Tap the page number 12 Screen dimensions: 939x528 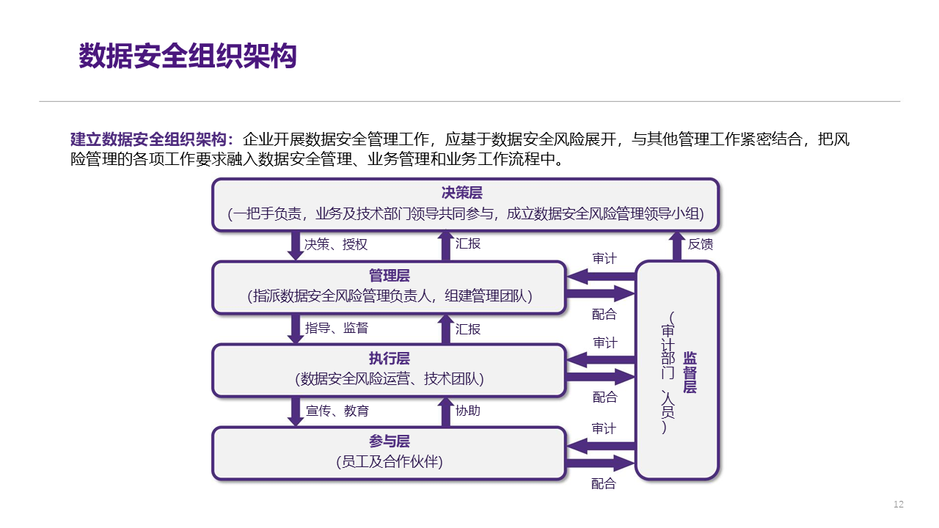tap(899, 505)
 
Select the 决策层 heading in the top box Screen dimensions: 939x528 tap(462, 193)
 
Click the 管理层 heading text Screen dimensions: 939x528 tap(390, 276)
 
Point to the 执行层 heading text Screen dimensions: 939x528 tap(390, 359)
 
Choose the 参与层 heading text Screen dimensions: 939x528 tap(390, 441)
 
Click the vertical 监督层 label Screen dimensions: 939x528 tap(690, 372)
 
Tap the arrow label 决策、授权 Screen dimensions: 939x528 tap(336, 244)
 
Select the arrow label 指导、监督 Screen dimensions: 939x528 tap(337, 328)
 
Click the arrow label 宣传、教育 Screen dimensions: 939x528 tap(337, 411)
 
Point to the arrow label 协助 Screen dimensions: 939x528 tap(468, 411)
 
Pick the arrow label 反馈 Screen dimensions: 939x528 tap(700, 244)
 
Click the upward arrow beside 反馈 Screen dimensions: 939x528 tap(676, 246)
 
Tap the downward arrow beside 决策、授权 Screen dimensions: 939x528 tap(296, 246)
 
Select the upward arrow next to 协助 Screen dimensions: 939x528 tap(445, 411)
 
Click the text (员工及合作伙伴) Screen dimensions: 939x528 tap(390, 462)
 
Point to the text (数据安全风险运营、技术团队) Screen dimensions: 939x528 tap(390, 379)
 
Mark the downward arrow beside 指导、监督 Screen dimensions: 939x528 tap(296, 329)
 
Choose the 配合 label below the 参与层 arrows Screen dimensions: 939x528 tap(604, 484)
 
